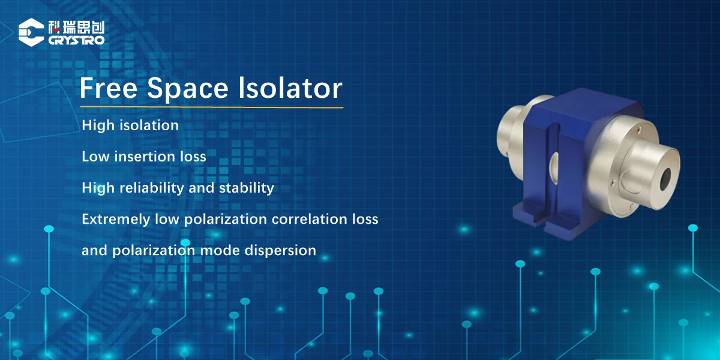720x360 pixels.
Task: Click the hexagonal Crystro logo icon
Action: click(31, 32)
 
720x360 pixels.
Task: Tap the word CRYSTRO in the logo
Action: click(77, 40)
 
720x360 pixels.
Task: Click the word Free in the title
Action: click(109, 88)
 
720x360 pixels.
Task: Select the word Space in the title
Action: click(188, 89)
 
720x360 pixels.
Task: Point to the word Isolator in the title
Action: click(290, 88)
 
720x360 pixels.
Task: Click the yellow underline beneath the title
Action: click(211, 107)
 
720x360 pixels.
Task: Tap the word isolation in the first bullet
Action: click(149, 125)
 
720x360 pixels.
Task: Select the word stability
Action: click(246, 188)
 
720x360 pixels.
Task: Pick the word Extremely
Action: click(116, 219)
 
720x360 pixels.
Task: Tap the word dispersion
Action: click(280, 251)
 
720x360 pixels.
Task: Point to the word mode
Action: click(220, 250)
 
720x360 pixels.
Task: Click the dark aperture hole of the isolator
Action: click(665, 179)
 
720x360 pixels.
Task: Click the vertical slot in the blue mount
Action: click(552, 173)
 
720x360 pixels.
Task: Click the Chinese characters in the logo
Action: click(77, 28)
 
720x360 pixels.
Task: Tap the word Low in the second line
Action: click(95, 157)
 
